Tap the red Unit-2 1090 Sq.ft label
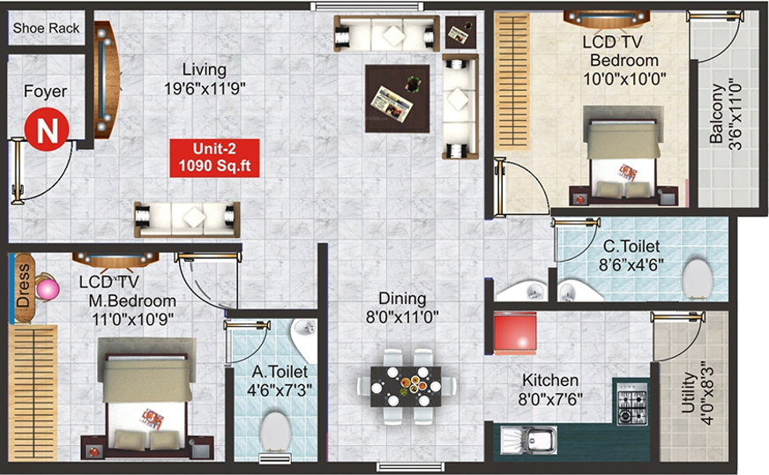[x=215, y=157]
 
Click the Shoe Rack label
[x=46, y=28]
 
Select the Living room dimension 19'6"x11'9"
[x=204, y=87]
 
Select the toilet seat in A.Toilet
[x=275, y=434]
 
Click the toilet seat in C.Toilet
[x=698, y=279]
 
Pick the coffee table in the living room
[x=398, y=98]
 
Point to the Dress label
[x=23, y=286]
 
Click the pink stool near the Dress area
[x=46, y=289]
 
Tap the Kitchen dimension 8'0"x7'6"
[x=550, y=398]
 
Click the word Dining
[x=402, y=299]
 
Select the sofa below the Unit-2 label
[x=187, y=219]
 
